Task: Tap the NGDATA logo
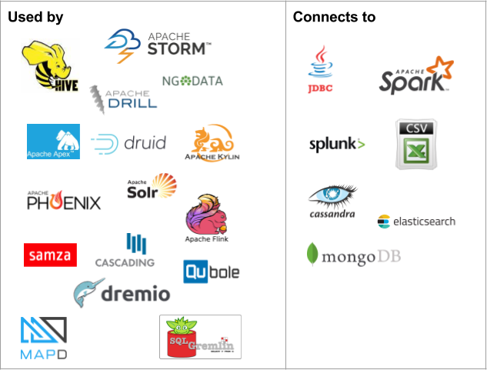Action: pos(192,80)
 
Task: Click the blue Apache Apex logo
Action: pos(53,142)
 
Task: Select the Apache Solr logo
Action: pos(152,187)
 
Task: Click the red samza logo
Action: pos(50,255)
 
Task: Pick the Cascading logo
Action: pos(125,251)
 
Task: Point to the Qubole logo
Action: pos(211,272)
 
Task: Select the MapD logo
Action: pos(43,338)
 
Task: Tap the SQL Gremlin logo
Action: pos(200,336)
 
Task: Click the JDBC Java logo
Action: pos(320,69)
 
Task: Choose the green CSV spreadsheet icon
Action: pos(417,144)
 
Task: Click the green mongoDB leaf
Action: pos(312,255)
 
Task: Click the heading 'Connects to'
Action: pos(334,17)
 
